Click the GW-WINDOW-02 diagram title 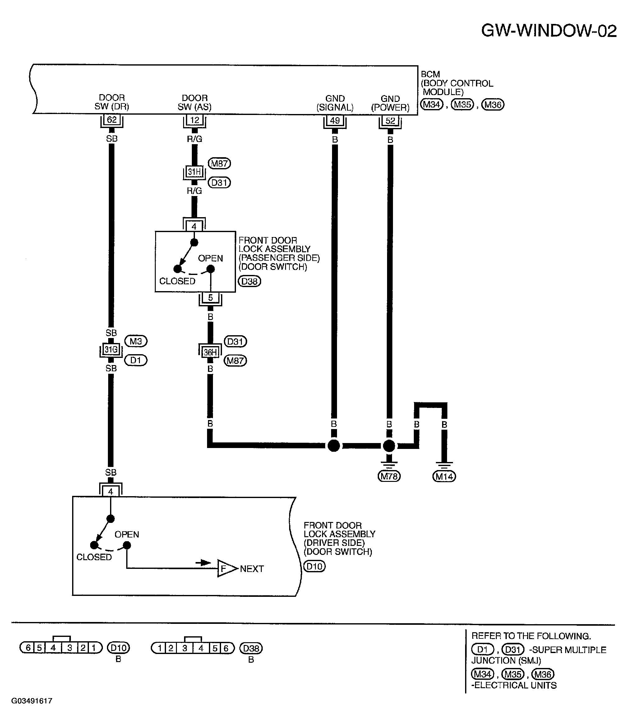[x=549, y=31]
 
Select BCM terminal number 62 [x=112, y=120]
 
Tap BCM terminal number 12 [x=195, y=120]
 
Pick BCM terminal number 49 [x=335, y=120]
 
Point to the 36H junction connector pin [x=210, y=352]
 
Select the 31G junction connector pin [x=111, y=350]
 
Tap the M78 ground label [x=389, y=476]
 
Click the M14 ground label [x=444, y=477]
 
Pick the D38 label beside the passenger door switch [x=250, y=281]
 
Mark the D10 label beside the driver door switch [x=315, y=566]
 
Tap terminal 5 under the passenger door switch [x=210, y=298]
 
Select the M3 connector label [x=136, y=341]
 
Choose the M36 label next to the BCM [x=493, y=105]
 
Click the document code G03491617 [x=32, y=701]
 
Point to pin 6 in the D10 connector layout [x=28, y=647]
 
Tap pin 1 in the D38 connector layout [x=159, y=648]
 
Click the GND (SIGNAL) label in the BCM [x=335, y=103]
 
